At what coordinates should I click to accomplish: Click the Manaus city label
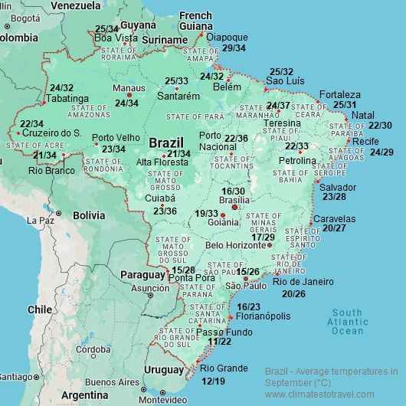tap(128, 89)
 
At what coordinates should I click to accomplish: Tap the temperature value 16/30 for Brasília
tap(233, 192)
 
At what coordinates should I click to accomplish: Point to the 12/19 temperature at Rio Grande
tap(213, 381)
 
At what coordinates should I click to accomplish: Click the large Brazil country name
tap(166, 143)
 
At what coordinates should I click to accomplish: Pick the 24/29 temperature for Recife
tap(381, 152)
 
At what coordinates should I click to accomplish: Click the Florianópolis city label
tap(263, 316)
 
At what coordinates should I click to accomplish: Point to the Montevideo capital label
tap(162, 399)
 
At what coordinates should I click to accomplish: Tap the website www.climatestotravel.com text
tap(330, 395)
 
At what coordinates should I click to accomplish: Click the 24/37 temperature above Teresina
tap(278, 106)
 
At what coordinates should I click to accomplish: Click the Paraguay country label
tap(142, 275)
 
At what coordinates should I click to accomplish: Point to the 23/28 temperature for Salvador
tap(334, 198)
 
